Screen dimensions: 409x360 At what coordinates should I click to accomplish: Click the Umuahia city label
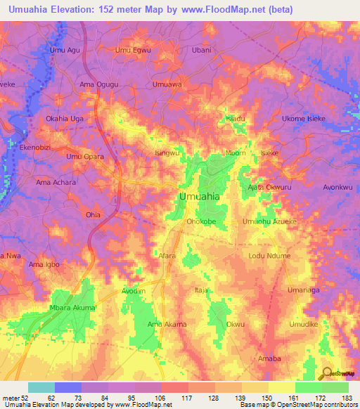(199, 197)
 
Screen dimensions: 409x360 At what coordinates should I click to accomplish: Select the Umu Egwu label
(133, 50)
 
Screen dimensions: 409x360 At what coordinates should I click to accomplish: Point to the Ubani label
(201, 50)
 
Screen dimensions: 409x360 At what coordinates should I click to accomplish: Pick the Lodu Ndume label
(269, 256)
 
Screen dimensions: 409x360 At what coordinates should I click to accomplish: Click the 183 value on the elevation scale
(344, 397)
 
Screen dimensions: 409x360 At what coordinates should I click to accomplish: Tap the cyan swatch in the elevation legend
(41, 387)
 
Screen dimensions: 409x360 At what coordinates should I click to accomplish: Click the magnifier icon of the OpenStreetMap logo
(326, 372)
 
